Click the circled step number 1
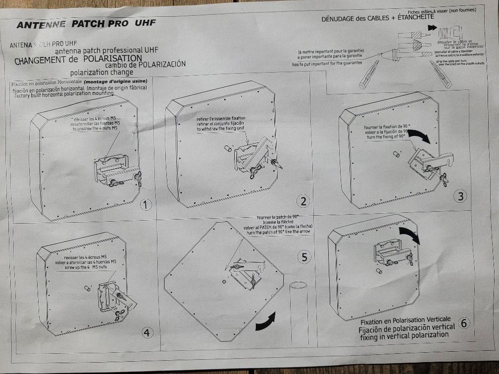coord(145,205)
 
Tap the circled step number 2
coord(303,201)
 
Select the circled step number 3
coord(461,196)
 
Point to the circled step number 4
coord(147,332)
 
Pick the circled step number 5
coord(304,257)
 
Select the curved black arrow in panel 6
coord(409,235)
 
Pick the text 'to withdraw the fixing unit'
coord(220,129)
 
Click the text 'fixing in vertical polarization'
coord(404,335)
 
